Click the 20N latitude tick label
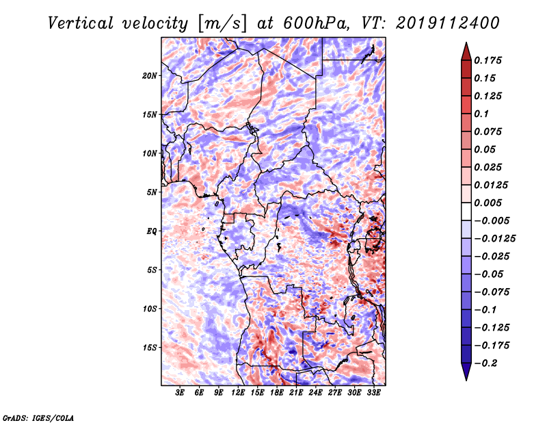(150, 76)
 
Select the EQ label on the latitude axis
(151, 231)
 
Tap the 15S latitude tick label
(150, 348)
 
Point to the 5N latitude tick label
(152, 192)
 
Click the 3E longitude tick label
(180, 393)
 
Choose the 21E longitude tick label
(296, 393)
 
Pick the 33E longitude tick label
(373, 393)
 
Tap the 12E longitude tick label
(238, 393)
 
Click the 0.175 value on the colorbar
(488, 60)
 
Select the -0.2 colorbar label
(485, 363)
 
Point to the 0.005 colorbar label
(488, 203)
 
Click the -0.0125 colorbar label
(494, 239)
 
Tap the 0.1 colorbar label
(481, 114)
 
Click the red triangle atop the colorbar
(466, 52)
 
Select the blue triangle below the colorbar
(466, 372)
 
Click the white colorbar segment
(466, 211)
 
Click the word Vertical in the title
(81, 23)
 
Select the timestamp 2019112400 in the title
(448, 23)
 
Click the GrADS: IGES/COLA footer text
(38, 418)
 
